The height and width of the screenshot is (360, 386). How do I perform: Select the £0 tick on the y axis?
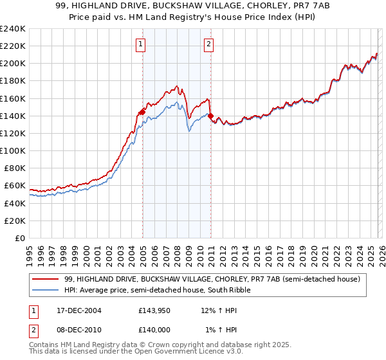[x=21, y=238]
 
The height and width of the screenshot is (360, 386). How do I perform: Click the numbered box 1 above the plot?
[x=140, y=44]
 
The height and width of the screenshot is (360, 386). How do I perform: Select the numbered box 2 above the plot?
[x=209, y=44]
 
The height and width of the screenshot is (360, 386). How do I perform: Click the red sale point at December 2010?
[x=210, y=116]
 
